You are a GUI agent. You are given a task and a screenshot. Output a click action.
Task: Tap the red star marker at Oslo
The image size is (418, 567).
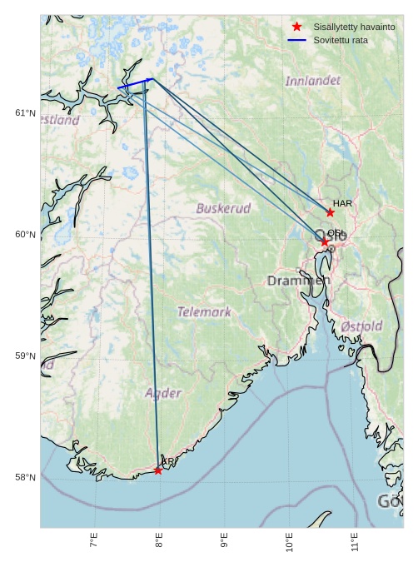pos(325,241)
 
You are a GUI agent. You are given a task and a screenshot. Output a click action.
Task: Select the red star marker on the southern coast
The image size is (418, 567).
pos(158,470)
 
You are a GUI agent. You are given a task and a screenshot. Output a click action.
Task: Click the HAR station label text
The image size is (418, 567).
pos(342,203)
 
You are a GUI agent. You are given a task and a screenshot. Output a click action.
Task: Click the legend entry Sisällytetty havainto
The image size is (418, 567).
pos(354,27)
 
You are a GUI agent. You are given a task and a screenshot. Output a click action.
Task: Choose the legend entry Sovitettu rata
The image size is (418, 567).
pos(341,40)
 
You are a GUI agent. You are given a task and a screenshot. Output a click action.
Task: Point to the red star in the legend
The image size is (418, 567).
pos(297,27)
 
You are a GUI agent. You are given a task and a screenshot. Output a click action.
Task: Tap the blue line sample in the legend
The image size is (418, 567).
pos(297,40)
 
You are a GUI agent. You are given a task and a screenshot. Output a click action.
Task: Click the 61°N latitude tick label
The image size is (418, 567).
pos(26,113)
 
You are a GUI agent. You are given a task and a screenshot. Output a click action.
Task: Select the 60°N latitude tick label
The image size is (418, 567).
pos(26,235)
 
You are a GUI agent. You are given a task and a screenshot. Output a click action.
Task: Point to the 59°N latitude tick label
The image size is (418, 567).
pos(26,356)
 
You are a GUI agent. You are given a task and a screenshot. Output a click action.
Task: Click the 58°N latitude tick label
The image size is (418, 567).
pos(26,478)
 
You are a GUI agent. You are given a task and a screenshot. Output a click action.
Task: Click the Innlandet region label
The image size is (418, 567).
pos(312,81)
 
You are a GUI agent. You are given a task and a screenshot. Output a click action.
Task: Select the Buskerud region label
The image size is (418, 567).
pos(223,208)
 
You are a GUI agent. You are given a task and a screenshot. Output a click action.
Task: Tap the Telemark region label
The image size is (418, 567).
pos(204,312)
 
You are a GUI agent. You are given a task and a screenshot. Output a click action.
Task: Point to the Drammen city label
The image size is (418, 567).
pos(298,281)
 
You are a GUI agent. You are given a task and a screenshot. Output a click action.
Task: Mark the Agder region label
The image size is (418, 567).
pos(163,393)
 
